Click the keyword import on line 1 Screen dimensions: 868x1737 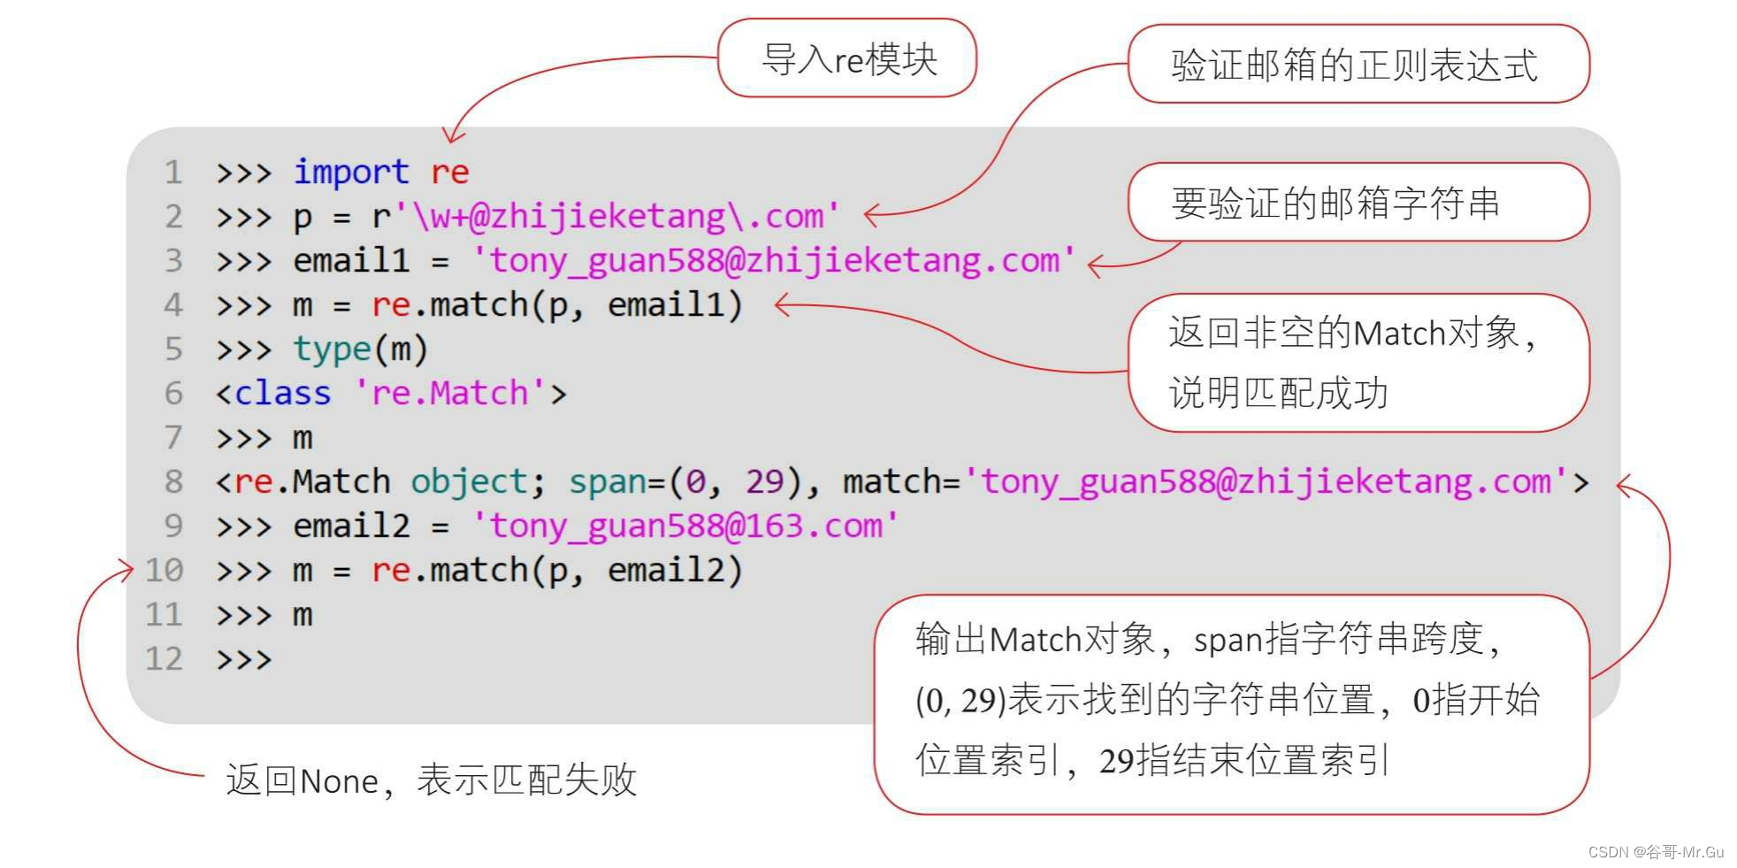[350, 172]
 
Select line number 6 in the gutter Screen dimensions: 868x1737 [173, 393]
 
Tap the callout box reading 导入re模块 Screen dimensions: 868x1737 [847, 59]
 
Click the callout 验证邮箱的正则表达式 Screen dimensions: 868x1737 [1357, 65]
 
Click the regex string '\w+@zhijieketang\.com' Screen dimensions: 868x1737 [616, 216]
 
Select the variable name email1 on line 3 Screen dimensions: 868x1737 [351, 260]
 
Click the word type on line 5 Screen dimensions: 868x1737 [332, 349]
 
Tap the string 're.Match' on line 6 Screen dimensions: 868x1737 [448, 393]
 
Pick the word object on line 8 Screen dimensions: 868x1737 [469, 481]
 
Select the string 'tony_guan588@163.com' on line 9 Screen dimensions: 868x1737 [685, 526]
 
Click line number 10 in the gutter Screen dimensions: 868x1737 [164, 570]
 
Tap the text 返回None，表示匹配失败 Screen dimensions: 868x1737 [431, 780]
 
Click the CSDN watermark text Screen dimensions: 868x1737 [1656, 851]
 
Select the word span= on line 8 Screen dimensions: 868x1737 [616, 481]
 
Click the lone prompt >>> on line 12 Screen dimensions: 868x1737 [243, 659]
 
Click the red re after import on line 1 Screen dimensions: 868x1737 [449, 172]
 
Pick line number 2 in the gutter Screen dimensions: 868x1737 [173, 216]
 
